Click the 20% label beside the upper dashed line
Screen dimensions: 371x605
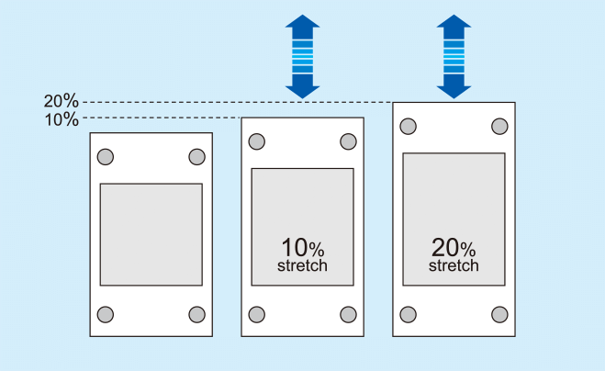61,102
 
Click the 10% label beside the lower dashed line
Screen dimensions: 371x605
61,119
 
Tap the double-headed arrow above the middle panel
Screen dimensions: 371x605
302,57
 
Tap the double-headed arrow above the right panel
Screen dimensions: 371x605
454,57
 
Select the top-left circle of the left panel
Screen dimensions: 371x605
106,157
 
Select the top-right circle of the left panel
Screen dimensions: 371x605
196,157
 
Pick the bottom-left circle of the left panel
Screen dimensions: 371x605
106,314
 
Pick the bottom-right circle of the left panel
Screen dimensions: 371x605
196,314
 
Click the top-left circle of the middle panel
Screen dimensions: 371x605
257,141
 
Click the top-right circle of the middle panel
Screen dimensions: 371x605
348,141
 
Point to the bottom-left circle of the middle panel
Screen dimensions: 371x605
257,314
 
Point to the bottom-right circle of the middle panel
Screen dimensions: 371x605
348,314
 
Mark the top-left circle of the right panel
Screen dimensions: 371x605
409,126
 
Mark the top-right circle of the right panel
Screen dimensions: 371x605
499,126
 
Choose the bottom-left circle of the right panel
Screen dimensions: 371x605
409,314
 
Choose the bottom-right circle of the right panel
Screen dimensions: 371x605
499,314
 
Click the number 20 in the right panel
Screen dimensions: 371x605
444,247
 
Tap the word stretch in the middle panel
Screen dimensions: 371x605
302,266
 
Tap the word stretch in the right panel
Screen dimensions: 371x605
454,266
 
